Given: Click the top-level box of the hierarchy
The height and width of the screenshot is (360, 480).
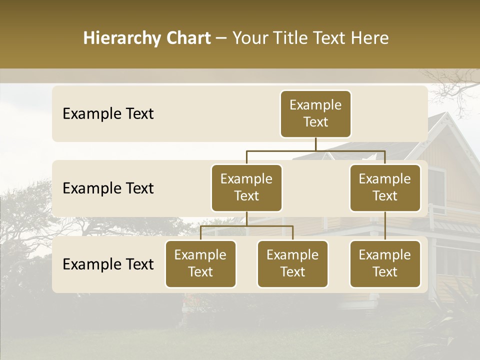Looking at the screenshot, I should pyautogui.click(x=315, y=114).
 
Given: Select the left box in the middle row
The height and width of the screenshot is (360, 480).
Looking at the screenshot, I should pyautogui.click(x=246, y=188).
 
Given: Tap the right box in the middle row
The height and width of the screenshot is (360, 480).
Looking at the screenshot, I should pyautogui.click(x=385, y=188).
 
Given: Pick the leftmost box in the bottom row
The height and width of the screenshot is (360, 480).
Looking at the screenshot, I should pyautogui.click(x=200, y=264).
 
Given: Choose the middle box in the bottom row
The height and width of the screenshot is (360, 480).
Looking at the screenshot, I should pyautogui.click(x=292, y=264).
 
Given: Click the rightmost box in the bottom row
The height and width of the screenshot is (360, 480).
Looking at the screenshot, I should pyautogui.click(x=385, y=264).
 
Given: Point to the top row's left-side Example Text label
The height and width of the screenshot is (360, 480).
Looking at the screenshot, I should pyautogui.click(x=108, y=114).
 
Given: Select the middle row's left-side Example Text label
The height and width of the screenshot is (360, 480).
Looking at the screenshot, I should pyautogui.click(x=108, y=188).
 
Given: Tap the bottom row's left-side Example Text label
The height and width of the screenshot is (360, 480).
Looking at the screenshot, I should pyautogui.click(x=108, y=264).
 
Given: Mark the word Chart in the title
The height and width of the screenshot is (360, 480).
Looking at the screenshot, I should pyautogui.click(x=189, y=38).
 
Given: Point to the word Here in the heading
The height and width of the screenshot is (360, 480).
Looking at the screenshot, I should pyautogui.click(x=369, y=38).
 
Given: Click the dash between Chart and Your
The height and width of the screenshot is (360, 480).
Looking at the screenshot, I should pyautogui.click(x=221, y=38).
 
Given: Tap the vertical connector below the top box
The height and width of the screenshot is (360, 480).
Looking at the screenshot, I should pyautogui.click(x=315, y=144).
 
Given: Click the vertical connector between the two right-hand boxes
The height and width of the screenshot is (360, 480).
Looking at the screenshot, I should pyautogui.click(x=385, y=226).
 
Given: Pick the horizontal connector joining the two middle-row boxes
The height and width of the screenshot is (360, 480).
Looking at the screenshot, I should pyautogui.click(x=315, y=150).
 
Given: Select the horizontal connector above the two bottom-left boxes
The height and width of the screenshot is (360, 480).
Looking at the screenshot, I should pyautogui.click(x=246, y=226).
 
